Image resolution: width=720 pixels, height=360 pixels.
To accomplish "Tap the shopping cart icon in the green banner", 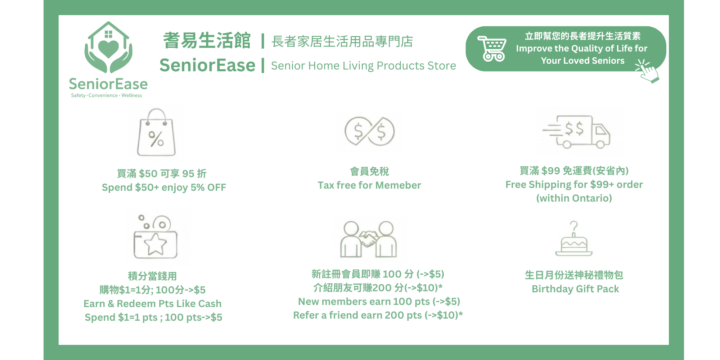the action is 492,49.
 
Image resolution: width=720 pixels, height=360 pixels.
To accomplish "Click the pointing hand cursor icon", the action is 648,71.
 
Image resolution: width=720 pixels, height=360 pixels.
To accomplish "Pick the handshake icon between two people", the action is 368,239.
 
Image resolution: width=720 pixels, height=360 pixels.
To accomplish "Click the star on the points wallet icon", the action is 156,244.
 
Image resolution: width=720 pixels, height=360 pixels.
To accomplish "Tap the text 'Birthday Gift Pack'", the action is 575,289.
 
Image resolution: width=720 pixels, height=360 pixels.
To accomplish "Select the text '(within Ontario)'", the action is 574,198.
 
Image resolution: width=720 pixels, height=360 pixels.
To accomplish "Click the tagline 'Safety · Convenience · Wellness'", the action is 107,95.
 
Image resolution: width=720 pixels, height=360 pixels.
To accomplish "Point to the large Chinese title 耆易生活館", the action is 207,40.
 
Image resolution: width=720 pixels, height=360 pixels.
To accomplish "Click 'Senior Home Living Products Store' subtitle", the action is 364,66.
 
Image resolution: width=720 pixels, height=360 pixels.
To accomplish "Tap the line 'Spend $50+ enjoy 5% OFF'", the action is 164,188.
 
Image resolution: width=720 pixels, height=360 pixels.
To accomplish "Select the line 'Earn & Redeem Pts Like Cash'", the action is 153,304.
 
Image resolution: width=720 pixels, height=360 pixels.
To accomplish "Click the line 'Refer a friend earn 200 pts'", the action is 357,315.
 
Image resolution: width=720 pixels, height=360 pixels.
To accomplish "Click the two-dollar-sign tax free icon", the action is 369,131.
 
